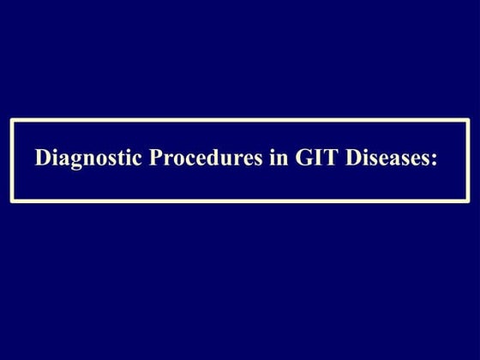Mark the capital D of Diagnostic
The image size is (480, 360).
coord(40,159)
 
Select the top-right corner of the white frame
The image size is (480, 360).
coord(469,118)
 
